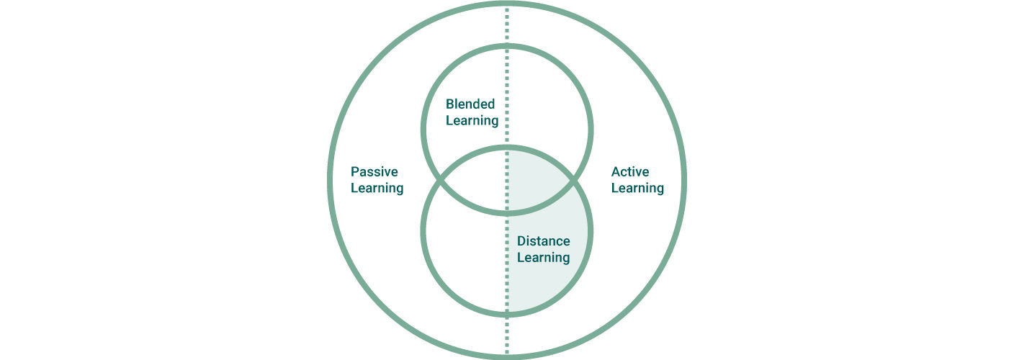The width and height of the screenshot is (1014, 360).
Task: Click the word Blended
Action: point(470,104)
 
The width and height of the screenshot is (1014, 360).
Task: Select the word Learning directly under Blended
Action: point(472,121)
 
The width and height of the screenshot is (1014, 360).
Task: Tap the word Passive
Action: point(374,172)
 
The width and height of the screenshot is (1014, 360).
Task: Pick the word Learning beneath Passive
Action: point(377,189)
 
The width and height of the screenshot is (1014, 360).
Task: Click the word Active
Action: point(629,172)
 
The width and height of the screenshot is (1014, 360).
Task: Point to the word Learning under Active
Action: point(637,189)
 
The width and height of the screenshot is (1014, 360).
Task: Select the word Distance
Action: point(543,241)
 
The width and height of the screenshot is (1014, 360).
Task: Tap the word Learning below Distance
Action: point(543,258)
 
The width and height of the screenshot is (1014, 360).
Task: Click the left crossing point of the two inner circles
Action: point(440,180)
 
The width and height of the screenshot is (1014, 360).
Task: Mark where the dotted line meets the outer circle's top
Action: point(507,6)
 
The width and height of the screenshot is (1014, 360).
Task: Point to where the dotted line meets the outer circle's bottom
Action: point(507,354)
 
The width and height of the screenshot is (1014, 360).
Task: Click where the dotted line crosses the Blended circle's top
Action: point(507,47)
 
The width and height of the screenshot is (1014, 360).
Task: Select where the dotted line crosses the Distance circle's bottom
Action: point(507,313)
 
